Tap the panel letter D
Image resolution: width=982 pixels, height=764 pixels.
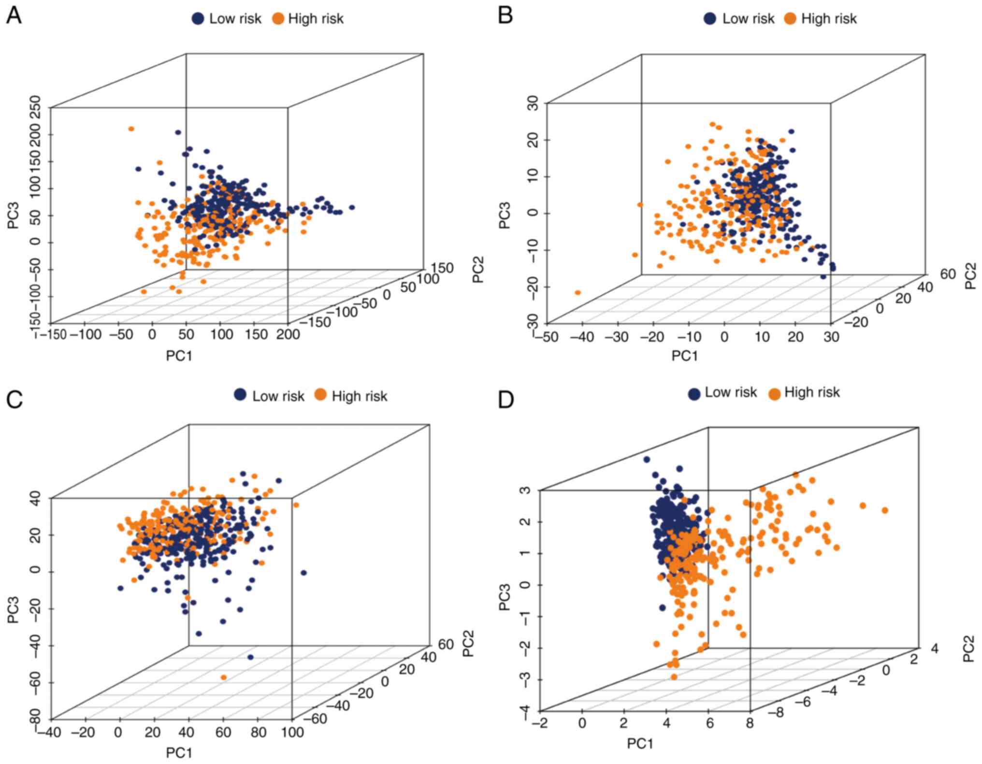(506, 400)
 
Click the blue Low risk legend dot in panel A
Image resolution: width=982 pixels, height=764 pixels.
(198, 19)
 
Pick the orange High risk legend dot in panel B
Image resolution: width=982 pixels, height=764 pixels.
(790, 19)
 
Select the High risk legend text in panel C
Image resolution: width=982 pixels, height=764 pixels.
(359, 396)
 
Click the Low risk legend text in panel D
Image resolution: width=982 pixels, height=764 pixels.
(730, 392)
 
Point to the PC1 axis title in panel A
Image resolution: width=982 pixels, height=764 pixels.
(179, 356)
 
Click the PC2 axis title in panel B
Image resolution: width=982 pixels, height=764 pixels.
(970, 276)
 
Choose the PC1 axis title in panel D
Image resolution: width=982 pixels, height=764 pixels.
(640, 744)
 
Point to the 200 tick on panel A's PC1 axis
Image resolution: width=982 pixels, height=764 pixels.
(288, 334)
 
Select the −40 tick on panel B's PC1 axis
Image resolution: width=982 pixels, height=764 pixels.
(582, 337)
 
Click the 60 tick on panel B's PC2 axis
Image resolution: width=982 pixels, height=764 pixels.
(948, 274)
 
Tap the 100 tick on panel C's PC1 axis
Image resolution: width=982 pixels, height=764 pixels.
(292, 732)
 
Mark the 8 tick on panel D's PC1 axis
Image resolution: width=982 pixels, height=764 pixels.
(750, 723)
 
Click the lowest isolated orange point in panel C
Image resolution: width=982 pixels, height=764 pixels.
(223, 678)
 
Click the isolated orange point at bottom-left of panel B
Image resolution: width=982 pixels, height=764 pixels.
(578, 293)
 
